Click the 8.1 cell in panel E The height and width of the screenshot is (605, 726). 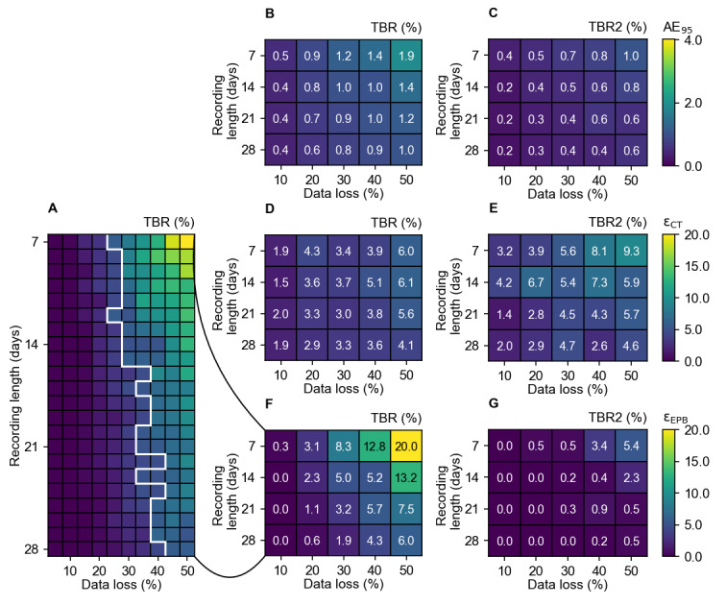(x=595, y=251)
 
